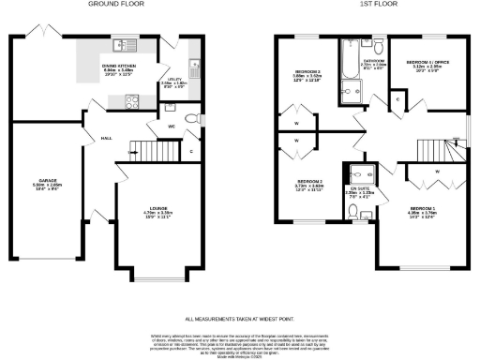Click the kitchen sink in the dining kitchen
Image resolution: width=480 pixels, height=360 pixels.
(x=121, y=45)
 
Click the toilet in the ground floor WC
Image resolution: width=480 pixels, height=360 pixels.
(x=191, y=118)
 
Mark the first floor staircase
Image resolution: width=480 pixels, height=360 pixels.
(x=433, y=148)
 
